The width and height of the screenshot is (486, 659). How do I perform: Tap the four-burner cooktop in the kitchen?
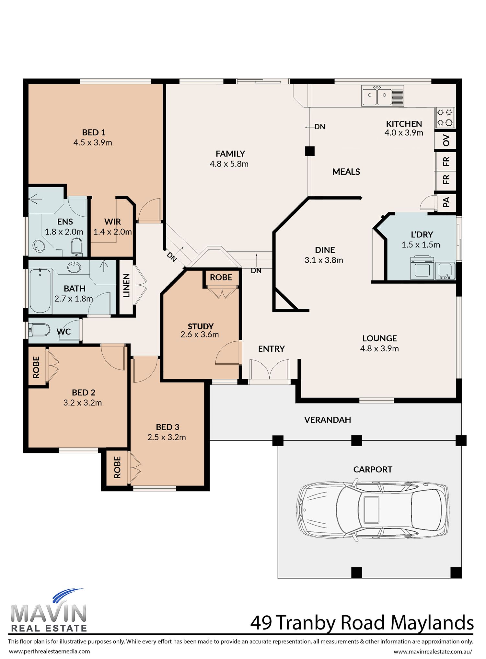[x=445, y=118]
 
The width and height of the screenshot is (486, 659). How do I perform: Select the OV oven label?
[x=446, y=141]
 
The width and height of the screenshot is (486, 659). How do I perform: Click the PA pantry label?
[x=446, y=202]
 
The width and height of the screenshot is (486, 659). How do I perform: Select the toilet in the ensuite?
[x=77, y=247]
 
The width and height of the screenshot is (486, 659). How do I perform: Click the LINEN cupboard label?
[x=126, y=285]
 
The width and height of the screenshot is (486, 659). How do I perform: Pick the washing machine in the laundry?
[x=422, y=267]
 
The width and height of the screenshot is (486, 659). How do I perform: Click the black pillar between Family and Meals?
[x=310, y=151]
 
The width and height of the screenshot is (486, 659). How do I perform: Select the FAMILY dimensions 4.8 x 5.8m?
[x=229, y=164]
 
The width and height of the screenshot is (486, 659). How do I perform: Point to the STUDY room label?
[x=201, y=326]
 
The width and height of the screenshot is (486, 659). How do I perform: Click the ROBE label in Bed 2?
[x=36, y=367]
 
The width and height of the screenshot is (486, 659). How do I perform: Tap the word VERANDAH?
[x=328, y=420]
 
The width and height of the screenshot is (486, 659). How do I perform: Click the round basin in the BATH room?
[x=75, y=267]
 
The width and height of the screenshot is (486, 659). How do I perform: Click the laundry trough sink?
[x=445, y=271]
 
